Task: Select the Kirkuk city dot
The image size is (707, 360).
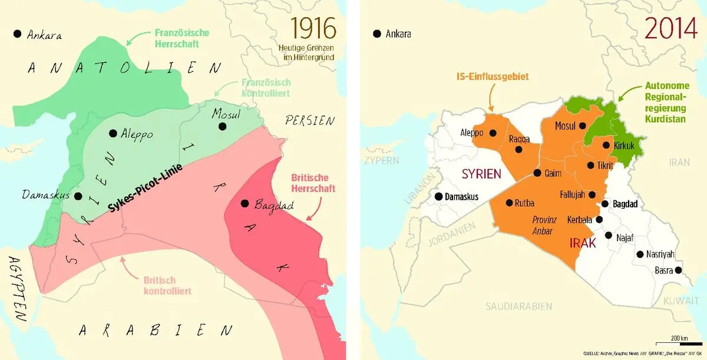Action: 606,145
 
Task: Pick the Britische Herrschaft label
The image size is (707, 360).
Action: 313,183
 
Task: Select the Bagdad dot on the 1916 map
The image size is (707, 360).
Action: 244,204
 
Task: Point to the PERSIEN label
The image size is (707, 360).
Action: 310,121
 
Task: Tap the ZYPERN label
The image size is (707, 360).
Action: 382,160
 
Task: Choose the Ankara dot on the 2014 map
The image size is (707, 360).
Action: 376,34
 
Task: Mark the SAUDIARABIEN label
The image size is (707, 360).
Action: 518,306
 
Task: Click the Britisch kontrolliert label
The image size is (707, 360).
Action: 167,286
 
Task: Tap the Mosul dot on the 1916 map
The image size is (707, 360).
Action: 222,126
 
